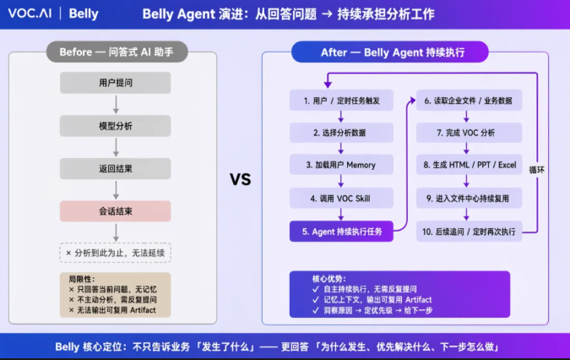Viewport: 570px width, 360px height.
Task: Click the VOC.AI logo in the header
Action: click(30, 14)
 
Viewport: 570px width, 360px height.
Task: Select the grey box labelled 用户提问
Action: click(115, 83)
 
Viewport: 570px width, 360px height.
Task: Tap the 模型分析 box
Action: click(115, 126)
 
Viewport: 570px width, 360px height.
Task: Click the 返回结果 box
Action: click(115, 169)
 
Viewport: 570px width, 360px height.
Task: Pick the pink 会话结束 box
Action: click(115, 211)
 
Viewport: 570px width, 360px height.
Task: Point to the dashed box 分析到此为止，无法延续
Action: click(115, 253)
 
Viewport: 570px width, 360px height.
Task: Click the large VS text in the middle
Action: click(241, 179)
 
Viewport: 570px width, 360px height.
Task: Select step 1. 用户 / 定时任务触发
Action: click(341, 101)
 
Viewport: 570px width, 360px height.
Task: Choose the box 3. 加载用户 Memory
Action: click(341, 165)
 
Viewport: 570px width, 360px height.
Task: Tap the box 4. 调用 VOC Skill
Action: click(341, 199)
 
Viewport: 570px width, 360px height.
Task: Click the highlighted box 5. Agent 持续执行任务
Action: click(341, 232)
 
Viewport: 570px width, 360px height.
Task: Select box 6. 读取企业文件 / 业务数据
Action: click(469, 101)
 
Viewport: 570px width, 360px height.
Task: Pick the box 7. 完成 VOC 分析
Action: click(469, 133)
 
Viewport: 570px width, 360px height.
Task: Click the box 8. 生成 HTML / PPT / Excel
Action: click(469, 165)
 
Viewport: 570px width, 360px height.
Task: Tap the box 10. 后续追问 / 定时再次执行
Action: click(469, 232)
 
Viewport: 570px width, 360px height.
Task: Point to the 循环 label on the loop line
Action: click(536, 170)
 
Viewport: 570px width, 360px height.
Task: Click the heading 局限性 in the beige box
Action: click(81, 279)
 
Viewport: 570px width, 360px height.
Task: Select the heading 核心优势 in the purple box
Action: click(329, 279)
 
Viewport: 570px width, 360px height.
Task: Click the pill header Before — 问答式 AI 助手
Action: click(117, 52)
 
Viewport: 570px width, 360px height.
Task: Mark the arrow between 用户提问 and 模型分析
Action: click(116, 105)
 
